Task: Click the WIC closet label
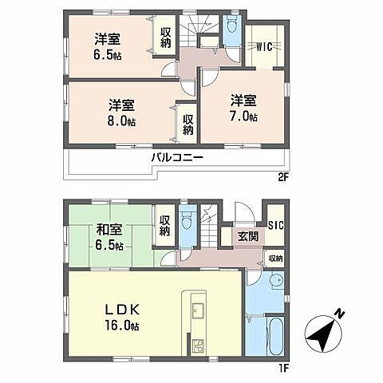click(265, 46)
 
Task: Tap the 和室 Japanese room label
click(109, 231)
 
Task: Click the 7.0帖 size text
click(244, 118)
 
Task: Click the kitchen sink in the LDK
click(196, 310)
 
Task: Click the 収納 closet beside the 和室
click(165, 226)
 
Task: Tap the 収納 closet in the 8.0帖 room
click(188, 124)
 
